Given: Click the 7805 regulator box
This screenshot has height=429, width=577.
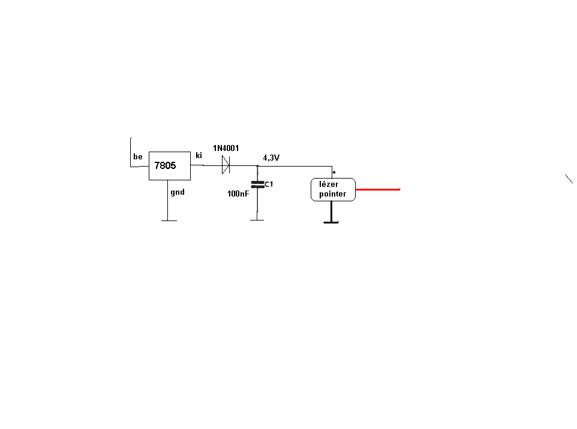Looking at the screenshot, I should pyautogui.click(x=170, y=165).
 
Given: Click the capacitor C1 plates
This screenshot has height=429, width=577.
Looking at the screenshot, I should pyautogui.click(x=257, y=185).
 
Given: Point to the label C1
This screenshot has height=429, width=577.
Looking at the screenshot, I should pyautogui.click(x=269, y=184).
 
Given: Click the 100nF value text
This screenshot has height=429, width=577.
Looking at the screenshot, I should pyautogui.click(x=238, y=194).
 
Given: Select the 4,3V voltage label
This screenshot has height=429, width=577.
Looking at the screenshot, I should pyautogui.click(x=271, y=158).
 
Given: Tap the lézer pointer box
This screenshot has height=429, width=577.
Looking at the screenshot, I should pyautogui.click(x=333, y=189).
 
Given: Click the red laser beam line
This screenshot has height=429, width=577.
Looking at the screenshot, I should pyautogui.click(x=378, y=189).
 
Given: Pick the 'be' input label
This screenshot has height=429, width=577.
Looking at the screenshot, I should pyautogui.click(x=138, y=157).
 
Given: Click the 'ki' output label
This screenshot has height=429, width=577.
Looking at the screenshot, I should pyautogui.click(x=199, y=155).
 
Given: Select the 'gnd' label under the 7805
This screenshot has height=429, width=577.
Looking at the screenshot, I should pyautogui.click(x=177, y=192).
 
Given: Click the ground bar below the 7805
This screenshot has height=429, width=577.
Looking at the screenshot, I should pyautogui.click(x=169, y=220).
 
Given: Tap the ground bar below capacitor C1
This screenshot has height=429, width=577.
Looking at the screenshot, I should pyautogui.click(x=257, y=220).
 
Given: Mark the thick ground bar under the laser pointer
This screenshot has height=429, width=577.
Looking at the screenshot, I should pyautogui.click(x=331, y=223).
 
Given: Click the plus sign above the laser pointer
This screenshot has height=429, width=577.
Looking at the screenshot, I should pyautogui.click(x=333, y=172).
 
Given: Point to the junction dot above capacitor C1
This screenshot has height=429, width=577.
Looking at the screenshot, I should pyautogui.click(x=257, y=166).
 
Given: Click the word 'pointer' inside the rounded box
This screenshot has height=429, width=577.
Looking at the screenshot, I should pyautogui.click(x=333, y=194).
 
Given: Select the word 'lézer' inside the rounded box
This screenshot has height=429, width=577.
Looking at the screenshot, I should pyautogui.click(x=329, y=185).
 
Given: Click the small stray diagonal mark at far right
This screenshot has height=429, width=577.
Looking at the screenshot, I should pyautogui.click(x=569, y=178).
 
